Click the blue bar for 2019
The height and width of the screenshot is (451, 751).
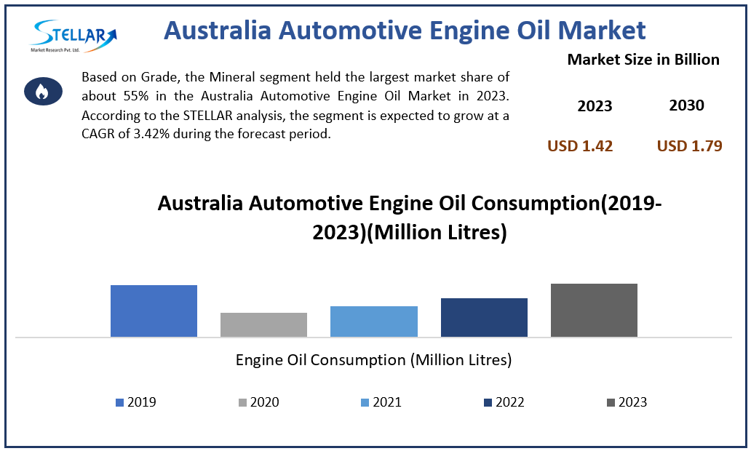(154, 311)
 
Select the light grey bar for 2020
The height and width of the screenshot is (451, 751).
(263, 324)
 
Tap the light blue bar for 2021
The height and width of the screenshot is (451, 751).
(373, 322)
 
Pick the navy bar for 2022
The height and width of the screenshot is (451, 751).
(484, 317)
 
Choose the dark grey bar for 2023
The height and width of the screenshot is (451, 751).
(594, 310)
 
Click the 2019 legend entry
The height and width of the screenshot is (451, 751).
(136, 402)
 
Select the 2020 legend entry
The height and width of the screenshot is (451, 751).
(258, 402)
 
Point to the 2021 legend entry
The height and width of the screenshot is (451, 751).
(381, 402)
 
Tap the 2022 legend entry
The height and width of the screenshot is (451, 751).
(504, 402)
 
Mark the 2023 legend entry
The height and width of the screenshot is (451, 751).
(626, 402)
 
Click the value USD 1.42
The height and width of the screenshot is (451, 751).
(580, 146)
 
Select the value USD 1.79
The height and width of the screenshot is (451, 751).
(689, 146)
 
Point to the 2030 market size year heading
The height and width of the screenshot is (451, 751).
(686, 105)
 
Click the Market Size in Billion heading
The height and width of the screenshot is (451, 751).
(643, 60)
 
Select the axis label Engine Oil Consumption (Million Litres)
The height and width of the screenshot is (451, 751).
(373, 359)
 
